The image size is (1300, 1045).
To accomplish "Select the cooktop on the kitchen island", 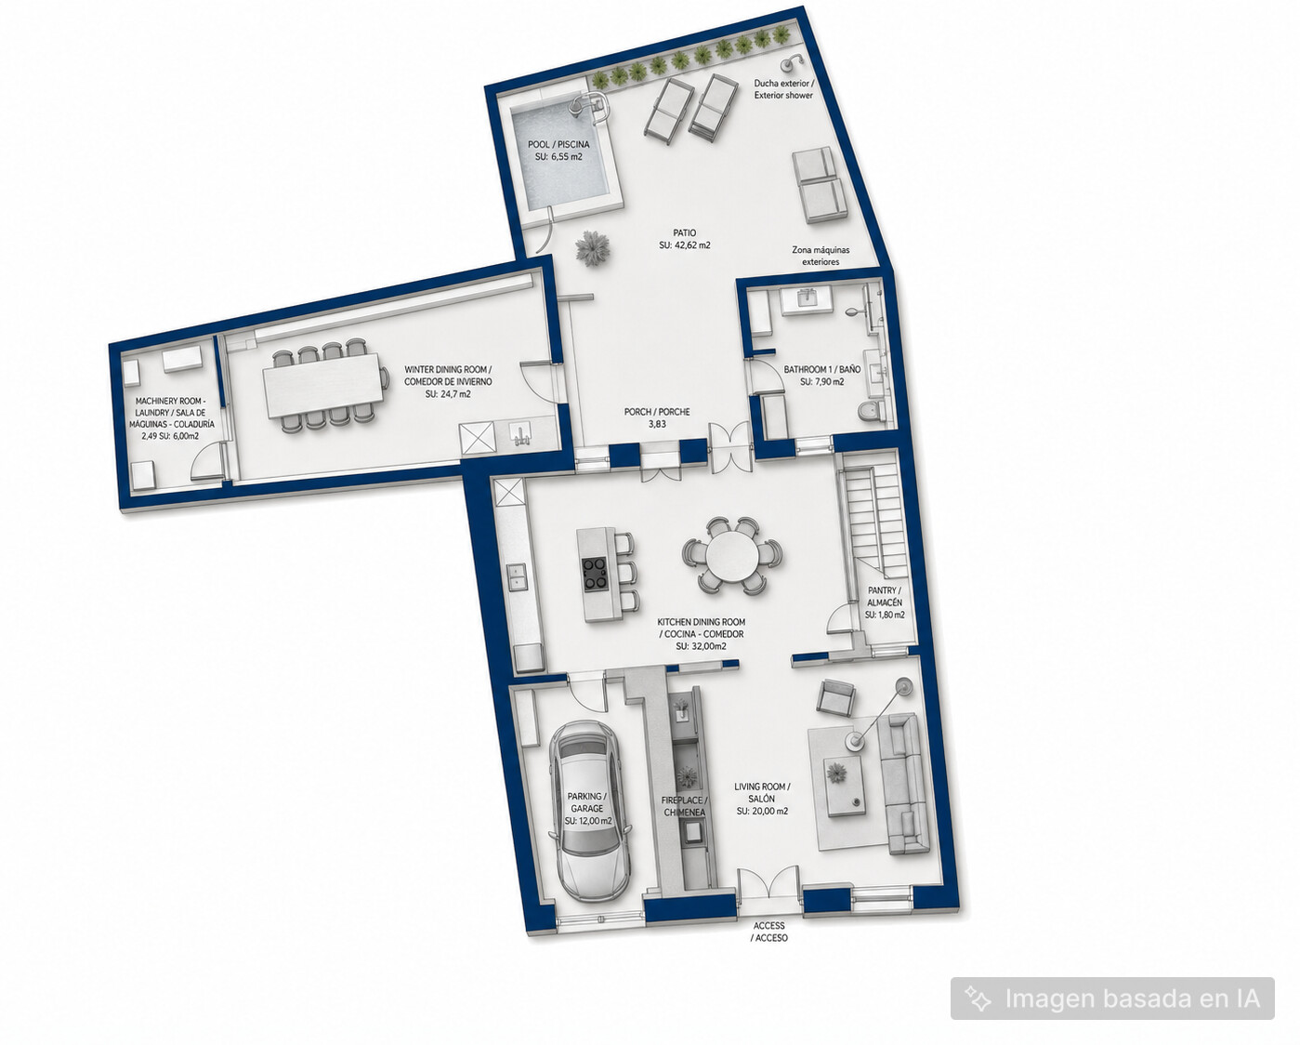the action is (595, 574).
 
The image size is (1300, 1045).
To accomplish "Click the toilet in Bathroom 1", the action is (871, 412).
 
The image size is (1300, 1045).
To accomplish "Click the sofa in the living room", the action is (903, 784).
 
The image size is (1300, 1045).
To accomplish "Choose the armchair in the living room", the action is (836, 695).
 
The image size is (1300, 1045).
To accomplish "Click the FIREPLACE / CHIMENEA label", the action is (684, 806).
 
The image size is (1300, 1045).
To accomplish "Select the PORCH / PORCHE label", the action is (657, 417).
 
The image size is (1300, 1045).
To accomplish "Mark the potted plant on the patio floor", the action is (592, 248).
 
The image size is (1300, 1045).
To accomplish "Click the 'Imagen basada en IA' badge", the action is (1112, 999).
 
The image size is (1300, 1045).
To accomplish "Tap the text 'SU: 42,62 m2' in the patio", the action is (685, 245).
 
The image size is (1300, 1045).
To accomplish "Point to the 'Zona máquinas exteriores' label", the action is (821, 256).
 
